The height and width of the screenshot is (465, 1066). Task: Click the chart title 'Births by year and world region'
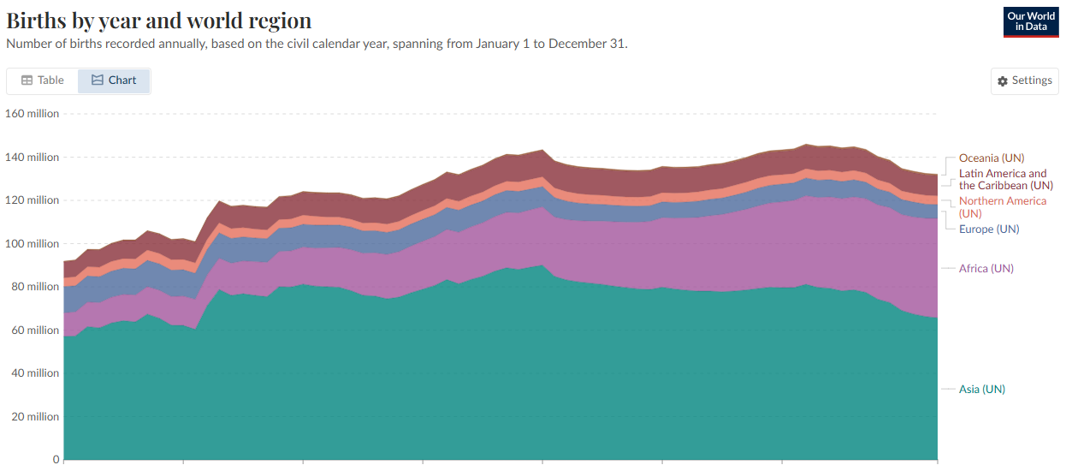click(159, 21)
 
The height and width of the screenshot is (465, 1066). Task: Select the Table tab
click(43, 80)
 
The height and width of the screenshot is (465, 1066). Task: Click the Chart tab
click(114, 80)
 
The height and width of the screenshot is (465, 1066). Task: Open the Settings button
click(1024, 80)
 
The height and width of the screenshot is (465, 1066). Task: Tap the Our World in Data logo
click(1031, 21)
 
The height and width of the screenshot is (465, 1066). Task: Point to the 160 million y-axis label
click(33, 114)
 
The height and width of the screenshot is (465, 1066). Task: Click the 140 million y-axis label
click(33, 158)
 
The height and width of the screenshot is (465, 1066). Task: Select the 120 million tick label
click(33, 200)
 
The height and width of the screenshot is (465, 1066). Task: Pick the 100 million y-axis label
click(33, 244)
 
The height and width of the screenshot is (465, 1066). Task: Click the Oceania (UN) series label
click(991, 158)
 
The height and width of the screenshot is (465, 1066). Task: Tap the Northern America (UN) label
click(1002, 206)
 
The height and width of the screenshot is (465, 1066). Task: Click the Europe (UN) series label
click(989, 230)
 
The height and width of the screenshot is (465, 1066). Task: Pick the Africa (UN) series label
click(986, 269)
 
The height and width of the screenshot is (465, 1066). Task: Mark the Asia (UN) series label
click(981, 390)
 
